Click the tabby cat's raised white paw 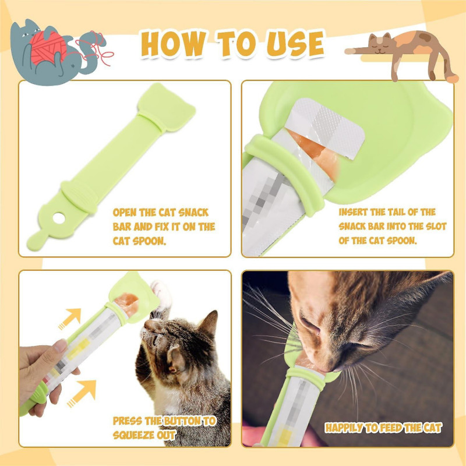160,290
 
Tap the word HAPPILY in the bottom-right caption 345,428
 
